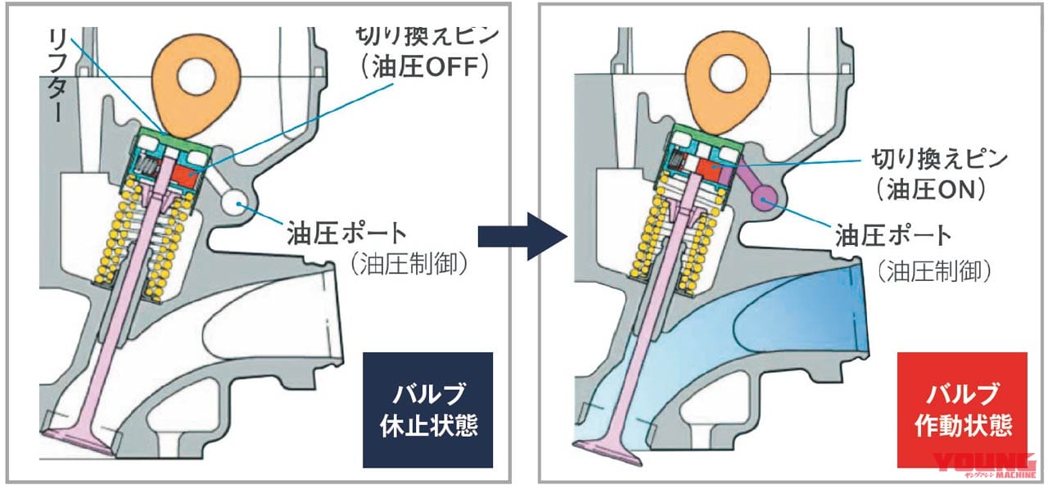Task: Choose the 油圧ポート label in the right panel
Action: (x=893, y=236)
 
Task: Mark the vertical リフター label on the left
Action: (x=56, y=74)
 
